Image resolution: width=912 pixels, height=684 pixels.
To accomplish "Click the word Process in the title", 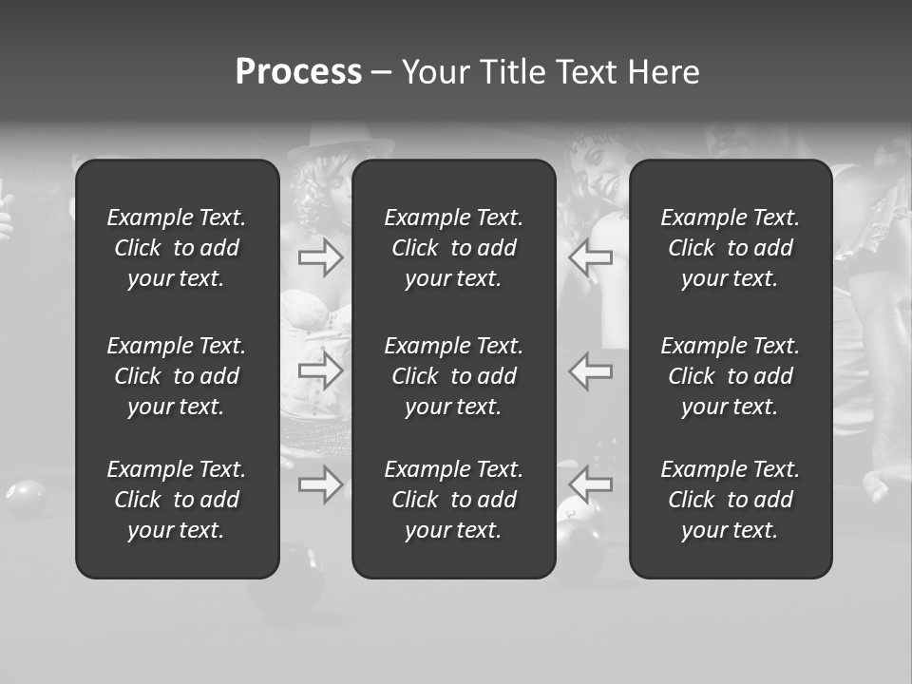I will pyautogui.click(x=298, y=72).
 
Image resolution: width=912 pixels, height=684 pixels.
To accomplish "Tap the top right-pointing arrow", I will pyautogui.click(x=321, y=257).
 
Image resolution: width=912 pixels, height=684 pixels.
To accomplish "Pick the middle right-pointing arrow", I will pyautogui.click(x=321, y=370).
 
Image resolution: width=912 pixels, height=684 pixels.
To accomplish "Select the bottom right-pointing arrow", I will pyautogui.click(x=321, y=484).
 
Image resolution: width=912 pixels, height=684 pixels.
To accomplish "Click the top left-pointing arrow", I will pyautogui.click(x=591, y=257).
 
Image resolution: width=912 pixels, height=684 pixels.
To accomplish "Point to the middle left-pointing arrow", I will pyautogui.click(x=591, y=370).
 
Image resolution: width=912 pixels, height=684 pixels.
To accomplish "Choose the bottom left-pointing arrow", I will pyautogui.click(x=591, y=484).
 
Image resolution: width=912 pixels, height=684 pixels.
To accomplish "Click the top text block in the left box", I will pyautogui.click(x=177, y=248).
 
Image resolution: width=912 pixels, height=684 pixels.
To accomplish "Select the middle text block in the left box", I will pyautogui.click(x=177, y=376).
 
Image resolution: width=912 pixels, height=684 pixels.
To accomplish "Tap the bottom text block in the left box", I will pyautogui.click(x=177, y=500).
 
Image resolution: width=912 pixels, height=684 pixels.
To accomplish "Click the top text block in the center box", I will pyautogui.click(x=454, y=248).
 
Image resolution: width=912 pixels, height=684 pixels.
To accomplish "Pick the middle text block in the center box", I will pyautogui.click(x=454, y=376).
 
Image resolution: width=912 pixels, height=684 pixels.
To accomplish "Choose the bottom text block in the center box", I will pyautogui.click(x=454, y=500).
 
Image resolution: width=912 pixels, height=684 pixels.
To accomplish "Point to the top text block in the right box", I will pyautogui.click(x=731, y=248).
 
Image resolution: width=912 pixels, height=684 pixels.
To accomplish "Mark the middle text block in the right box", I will pyautogui.click(x=731, y=376).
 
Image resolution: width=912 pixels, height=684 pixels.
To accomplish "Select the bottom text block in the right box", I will pyautogui.click(x=731, y=500).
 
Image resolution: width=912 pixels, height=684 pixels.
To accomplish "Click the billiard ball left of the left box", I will pyautogui.click(x=26, y=498).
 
